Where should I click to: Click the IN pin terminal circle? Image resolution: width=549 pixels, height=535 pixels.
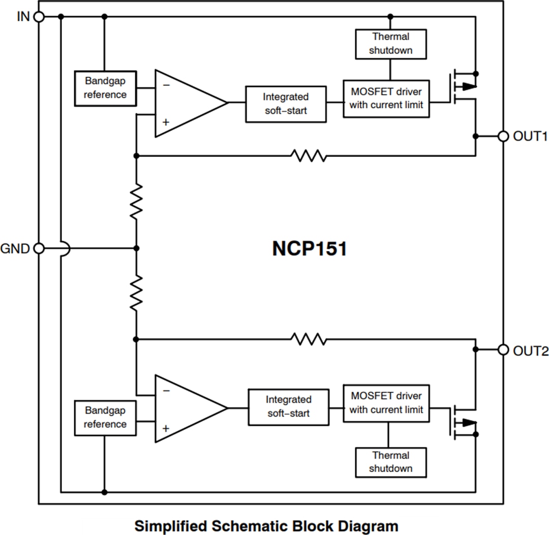tap(39, 17)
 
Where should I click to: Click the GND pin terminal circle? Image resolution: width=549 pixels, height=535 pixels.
tap(39, 248)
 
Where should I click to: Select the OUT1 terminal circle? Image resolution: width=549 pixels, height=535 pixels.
tap(503, 136)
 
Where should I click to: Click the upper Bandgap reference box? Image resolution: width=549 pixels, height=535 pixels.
tap(105, 88)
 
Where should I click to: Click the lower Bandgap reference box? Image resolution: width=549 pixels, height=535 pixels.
tap(105, 417)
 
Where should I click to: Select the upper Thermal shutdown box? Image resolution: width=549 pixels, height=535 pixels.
tap(390, 44)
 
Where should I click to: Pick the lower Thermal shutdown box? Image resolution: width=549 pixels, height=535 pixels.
tap(390, 462)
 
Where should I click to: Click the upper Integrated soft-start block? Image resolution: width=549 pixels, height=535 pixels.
tap(286, 104)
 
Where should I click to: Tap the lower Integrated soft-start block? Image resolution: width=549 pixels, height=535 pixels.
tap(289, 407)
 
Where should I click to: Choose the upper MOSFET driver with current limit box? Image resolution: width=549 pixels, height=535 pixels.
tap(386, 99)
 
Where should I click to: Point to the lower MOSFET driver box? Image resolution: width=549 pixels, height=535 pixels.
tap(386, 403)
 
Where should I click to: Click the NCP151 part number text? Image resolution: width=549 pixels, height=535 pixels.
tap(310, 249)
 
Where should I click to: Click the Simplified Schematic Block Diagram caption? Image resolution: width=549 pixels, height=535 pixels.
tap(266, 525)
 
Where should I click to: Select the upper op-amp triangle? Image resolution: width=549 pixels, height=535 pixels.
tap(186, 103)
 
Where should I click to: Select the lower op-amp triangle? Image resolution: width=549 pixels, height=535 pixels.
tap(186, 408)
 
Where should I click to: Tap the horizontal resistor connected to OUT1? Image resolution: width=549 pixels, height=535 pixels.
tap(309, 155)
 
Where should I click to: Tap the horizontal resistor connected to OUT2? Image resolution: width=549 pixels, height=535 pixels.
tap(309, 339)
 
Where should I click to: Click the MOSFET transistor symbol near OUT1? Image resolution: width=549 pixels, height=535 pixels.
tap(463, 88)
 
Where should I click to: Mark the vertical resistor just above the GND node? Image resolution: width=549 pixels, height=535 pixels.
tap(136, 202)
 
